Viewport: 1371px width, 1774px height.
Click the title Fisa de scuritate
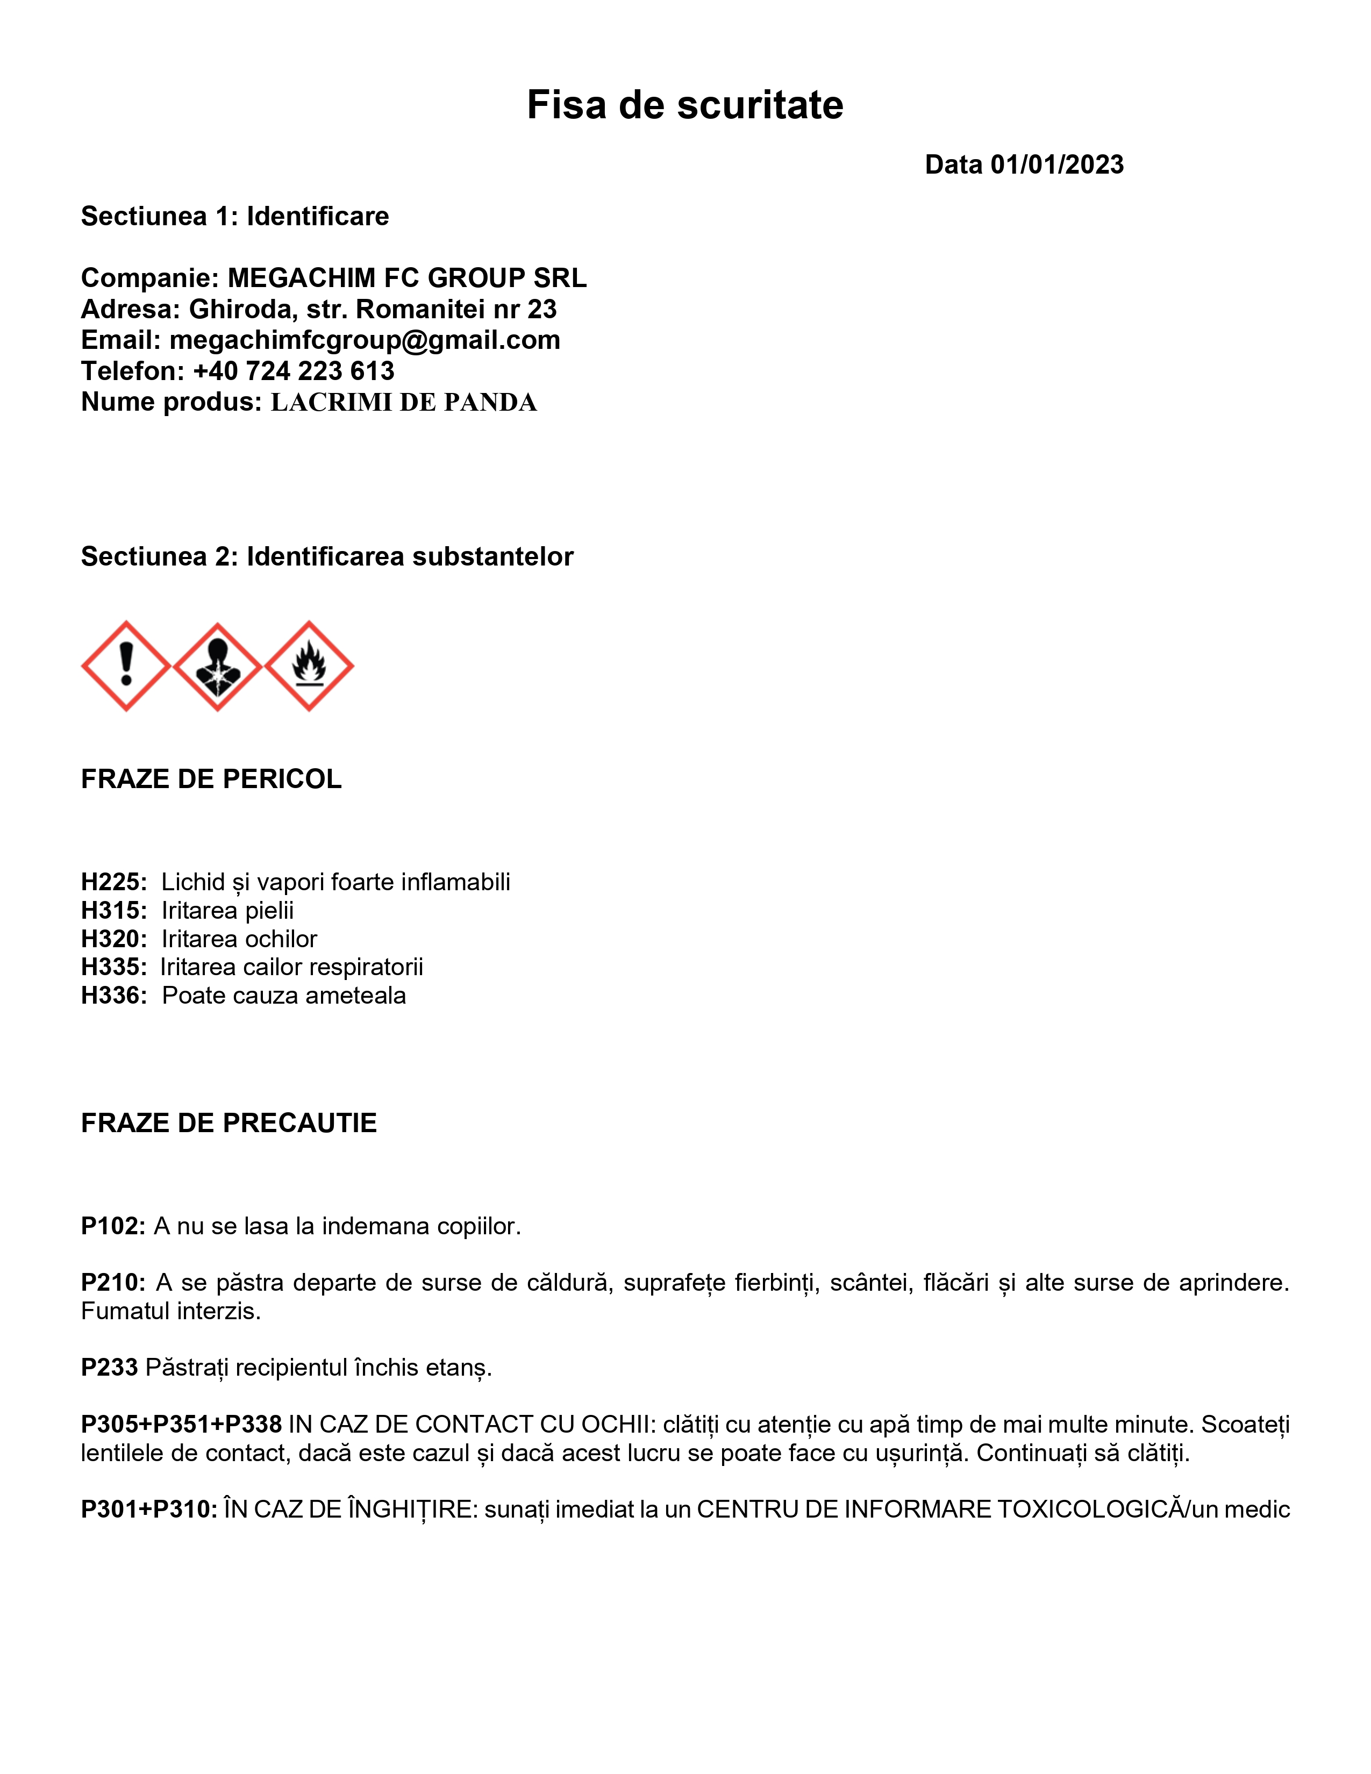[x=684, y=105]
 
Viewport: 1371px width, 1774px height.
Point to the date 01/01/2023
[x=1056, y=165]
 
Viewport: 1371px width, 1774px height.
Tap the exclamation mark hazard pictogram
[x=126, y=666]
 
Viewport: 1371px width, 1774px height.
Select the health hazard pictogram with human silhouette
[x=218, y=666]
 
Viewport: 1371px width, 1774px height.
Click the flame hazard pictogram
[x=310, y=666]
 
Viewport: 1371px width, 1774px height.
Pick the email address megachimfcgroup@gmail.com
[x=365, y=340]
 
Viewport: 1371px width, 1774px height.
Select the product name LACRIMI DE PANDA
[x=404, y=402]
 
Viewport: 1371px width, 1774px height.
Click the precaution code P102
[x=112, y=1226]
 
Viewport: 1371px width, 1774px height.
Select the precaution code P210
[x=112, y=1283]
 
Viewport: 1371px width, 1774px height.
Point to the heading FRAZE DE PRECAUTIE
[x=229, y=1124]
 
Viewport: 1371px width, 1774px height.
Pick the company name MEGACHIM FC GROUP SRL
[x=407, y=278]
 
